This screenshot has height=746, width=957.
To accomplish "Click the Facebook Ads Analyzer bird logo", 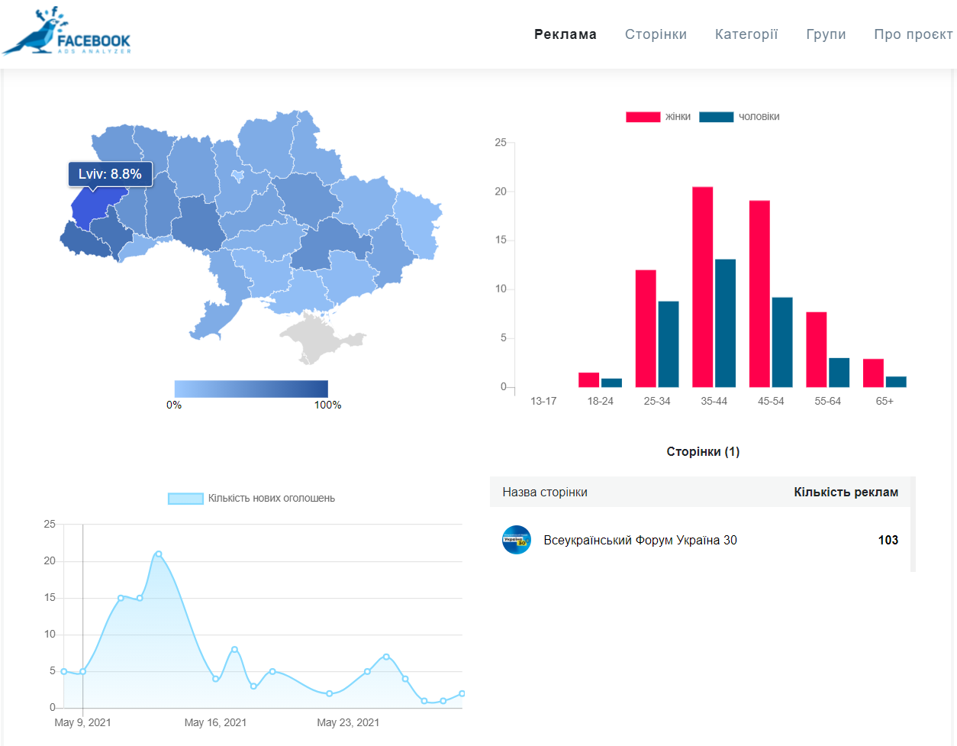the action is [x=66, y=31].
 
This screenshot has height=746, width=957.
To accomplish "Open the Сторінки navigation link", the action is [x=656, y=34].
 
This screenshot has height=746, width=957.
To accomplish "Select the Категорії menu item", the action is [x=746, y=34].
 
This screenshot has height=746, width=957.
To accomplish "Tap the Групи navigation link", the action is [x=826, y=35].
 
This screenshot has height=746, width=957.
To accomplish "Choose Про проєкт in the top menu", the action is [x=913, y=35].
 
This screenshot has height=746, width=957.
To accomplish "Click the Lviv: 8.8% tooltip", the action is [x=110, y=174].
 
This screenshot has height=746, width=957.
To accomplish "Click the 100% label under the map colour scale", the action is [x=327, y=405].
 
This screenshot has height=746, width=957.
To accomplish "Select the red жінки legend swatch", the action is [x=643, y=117].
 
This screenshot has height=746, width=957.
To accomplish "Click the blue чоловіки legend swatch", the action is [x=716, y=117].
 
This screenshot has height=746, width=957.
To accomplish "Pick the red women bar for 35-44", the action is [x=702, y=287].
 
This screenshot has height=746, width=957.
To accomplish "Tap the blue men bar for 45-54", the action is [x=782, y=342].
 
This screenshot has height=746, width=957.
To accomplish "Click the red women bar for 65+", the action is [x=873, y=373].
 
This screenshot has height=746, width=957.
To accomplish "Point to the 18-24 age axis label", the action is [x=600, y=402].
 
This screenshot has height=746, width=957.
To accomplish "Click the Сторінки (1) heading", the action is [x=703, y=452].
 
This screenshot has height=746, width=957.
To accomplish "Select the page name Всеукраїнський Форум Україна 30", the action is [x=640, y=541].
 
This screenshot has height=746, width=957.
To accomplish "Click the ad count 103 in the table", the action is [x=888, y=541].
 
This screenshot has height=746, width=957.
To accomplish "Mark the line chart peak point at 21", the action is [x=159, y=554].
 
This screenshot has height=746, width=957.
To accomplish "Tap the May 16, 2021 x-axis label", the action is [x=215, y=722].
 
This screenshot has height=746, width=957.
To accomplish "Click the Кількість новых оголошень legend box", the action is [x=185, y=499].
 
